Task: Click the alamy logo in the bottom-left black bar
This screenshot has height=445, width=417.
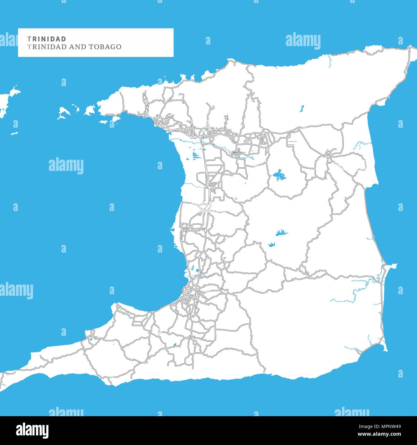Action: click(32, 430)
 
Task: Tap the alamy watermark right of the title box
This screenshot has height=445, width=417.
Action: click(303, 41)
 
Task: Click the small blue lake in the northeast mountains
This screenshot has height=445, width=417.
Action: click(302, 109)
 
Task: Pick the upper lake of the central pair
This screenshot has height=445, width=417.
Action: click(281, 232)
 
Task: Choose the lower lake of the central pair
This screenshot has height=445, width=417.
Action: click(272, 245)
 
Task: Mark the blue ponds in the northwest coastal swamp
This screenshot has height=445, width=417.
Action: click(195, 155)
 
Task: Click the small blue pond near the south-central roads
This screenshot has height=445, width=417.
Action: click(175, 345)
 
